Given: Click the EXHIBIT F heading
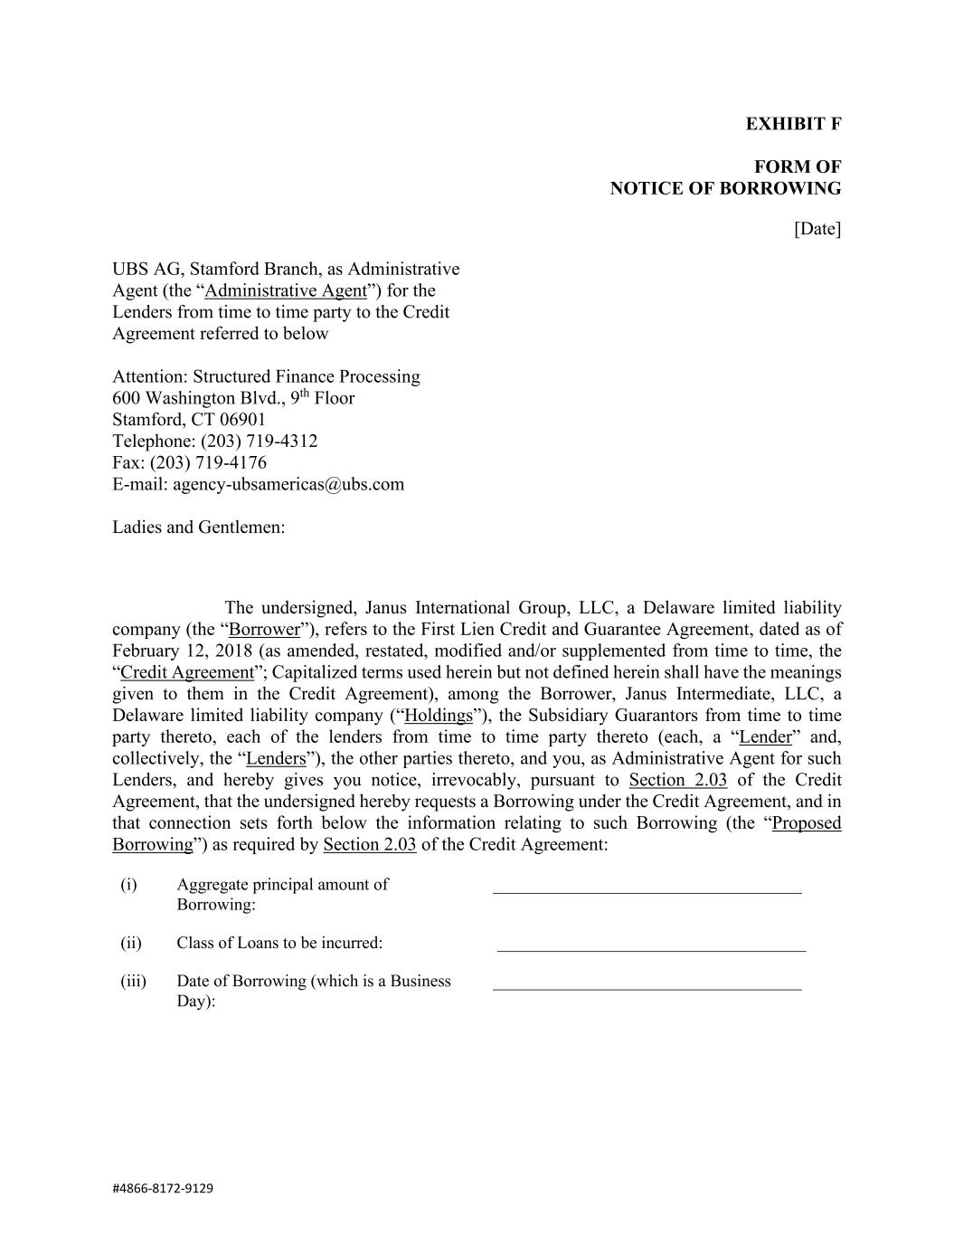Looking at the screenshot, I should click(x=793, y=124).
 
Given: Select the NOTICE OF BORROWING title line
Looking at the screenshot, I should click(x=725, y=188).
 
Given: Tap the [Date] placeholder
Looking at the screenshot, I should click(x=817, y=229).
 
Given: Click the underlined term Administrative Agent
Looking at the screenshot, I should click(x=286, y=290).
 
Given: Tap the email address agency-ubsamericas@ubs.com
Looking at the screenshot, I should click(x=288, y=484).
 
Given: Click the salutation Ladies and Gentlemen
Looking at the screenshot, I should click(x=198, y=527).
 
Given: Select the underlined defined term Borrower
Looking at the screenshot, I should click(x=264, y=630).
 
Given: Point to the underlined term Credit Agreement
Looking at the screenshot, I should click(x=187, y=672).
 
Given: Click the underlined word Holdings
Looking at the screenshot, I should click(x=439, y=716).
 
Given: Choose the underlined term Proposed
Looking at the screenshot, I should click(x=807, y=823).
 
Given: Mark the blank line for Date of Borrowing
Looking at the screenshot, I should click(x=647, y=988).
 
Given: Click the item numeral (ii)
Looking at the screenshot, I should click(x=131, y=943).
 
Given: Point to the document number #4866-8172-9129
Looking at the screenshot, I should click(x=163, y=1188).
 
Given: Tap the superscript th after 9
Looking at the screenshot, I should click(x=306, y=394).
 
